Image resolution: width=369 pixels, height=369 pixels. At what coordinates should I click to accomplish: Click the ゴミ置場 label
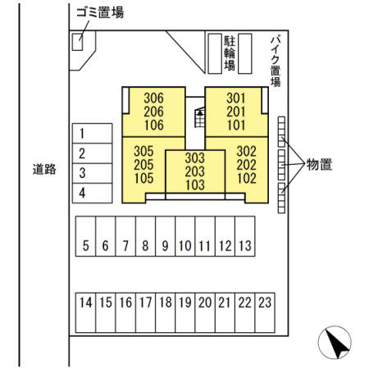pyautogui.click(x=100, y=12)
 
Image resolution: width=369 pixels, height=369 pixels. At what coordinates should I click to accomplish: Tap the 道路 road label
pyautogui.click(x=44, y=169)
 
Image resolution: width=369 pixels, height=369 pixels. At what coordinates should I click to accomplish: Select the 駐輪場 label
pyautogui.click(x=230, y=53)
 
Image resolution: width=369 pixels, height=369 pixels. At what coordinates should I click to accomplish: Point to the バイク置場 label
pyautogui.click(x=276, y=61)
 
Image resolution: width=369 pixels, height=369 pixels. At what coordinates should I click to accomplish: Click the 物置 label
pyautogui.click(x=319, y=164)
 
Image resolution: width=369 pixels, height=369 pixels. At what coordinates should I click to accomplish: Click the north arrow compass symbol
pyautogui.click(x=335, y=342)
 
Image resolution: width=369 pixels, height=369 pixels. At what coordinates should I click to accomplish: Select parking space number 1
pyautogui.click(x=93, y=134)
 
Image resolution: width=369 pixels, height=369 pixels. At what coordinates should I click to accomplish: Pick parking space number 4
pyautogui.click(x=93, y=193)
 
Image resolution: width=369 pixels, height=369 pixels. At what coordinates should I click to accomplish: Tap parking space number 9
pyautogui.click(x=165, y=236)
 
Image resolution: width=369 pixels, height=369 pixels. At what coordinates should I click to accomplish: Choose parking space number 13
pyautogui.click(x=245, y=236)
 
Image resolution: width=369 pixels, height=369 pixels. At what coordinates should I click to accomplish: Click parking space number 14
pyautogui.click(x=85, y=312)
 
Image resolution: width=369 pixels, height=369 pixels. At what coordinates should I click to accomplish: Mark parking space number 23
pyautogui.click(x=265, y=312)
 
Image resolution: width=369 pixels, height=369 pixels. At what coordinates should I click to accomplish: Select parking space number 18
pyautogui.click(x=165, y=312)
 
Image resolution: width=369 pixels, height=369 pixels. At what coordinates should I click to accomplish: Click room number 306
pyautogui.click(x=153, y=98)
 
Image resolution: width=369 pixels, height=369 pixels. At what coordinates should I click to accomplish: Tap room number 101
pyautogui.click(x=236, y=125)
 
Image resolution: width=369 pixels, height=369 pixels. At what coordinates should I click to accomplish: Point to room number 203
pyautogui.click(x=195, y=171)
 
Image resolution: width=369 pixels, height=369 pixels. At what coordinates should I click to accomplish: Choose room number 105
pyautogui.click(x=143, y=178)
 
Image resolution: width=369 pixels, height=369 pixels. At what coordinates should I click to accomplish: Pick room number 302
pyautogui.click(x=247, y=151)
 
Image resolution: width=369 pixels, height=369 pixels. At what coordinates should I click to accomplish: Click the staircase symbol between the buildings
pyautogui.click(x=200, y=117)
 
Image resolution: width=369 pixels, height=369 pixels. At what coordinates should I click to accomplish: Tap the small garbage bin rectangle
pyautogui.click(x=77, y=42)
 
